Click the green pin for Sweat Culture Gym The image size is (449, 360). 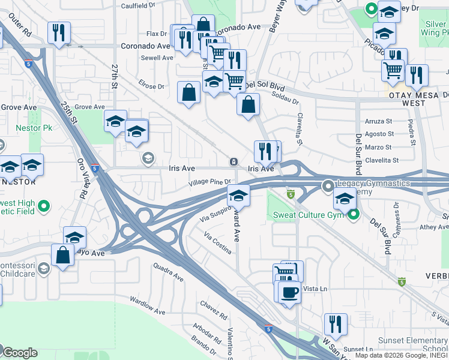click(354, 214)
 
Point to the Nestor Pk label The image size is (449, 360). click(34, 128)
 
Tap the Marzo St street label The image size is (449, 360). click(378, 147)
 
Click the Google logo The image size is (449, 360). click(19, 352)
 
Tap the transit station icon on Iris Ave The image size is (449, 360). click(233, 162)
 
